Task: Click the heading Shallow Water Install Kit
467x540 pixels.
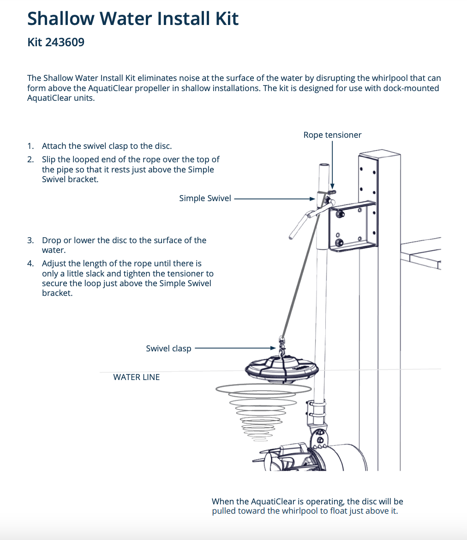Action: [133, 18]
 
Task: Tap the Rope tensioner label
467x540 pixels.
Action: [332, 135]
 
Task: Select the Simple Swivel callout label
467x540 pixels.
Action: [205, 198]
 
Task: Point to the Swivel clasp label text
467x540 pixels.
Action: [168, 349]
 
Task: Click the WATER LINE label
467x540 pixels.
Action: [136, 377]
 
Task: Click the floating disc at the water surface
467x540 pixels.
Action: [280, 369]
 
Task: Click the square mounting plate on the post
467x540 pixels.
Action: [352, 227]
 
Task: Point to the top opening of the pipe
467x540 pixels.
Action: [323, 165]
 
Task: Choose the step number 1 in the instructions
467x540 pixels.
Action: [30, 146]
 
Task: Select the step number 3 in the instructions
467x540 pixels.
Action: [30, 240]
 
